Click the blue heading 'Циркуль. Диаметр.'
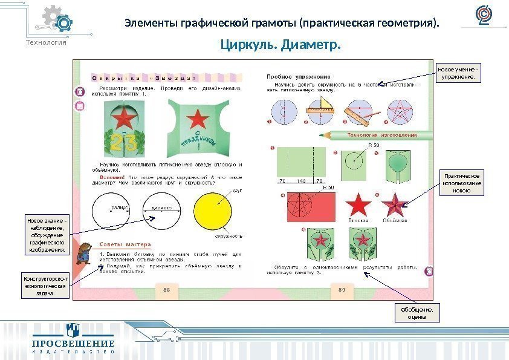(x=280, y=45)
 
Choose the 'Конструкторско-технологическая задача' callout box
(x=46, y=286)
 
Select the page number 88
(x=167, y=290)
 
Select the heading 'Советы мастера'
(x=121, y=244)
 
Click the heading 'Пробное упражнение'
(x=299, y=77)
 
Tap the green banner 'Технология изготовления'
(x=381, y=135)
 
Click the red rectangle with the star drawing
(x=306, y=206)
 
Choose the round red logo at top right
(x=484, y=16)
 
